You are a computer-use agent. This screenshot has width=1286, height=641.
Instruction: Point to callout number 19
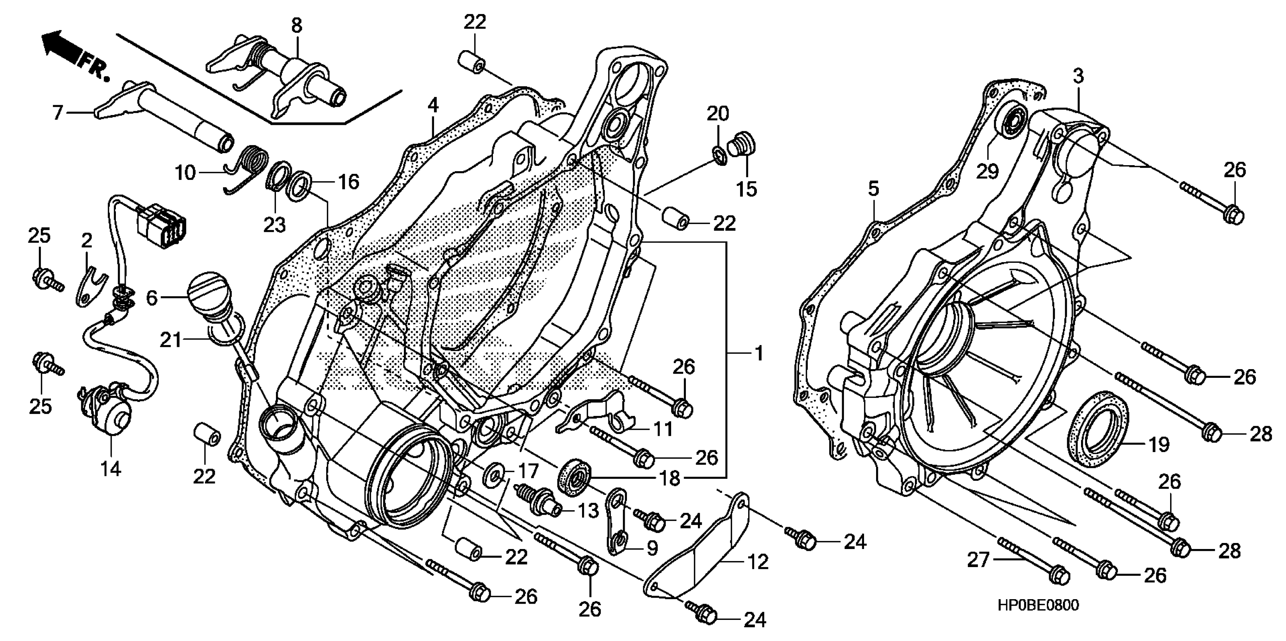tap(1159, 444)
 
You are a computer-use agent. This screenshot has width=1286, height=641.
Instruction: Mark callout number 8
tap(297, 25)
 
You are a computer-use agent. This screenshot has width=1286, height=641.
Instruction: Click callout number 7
tap(58, 113)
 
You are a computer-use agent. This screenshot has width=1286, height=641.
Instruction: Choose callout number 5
tap(873, 189)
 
